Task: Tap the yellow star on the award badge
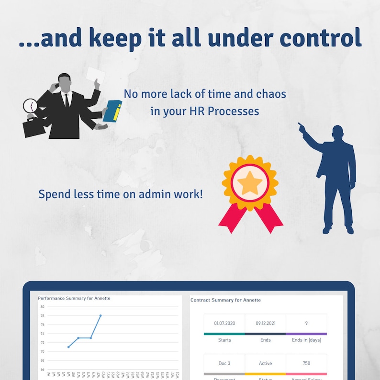[250, 183]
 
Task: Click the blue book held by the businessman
[112, 111]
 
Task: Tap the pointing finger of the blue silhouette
[301, 125]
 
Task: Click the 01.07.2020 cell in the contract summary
[224, 323]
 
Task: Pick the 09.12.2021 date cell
[265, 323]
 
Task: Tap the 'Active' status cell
[265, 363]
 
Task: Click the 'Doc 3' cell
[224, 363]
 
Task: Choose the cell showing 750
[306, 363]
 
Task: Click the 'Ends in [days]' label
[306, 340]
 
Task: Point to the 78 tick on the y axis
[42, 316]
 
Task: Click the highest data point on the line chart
[101, 315]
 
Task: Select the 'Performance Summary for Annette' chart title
[74, 298]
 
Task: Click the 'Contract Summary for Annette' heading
[225, 300]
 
